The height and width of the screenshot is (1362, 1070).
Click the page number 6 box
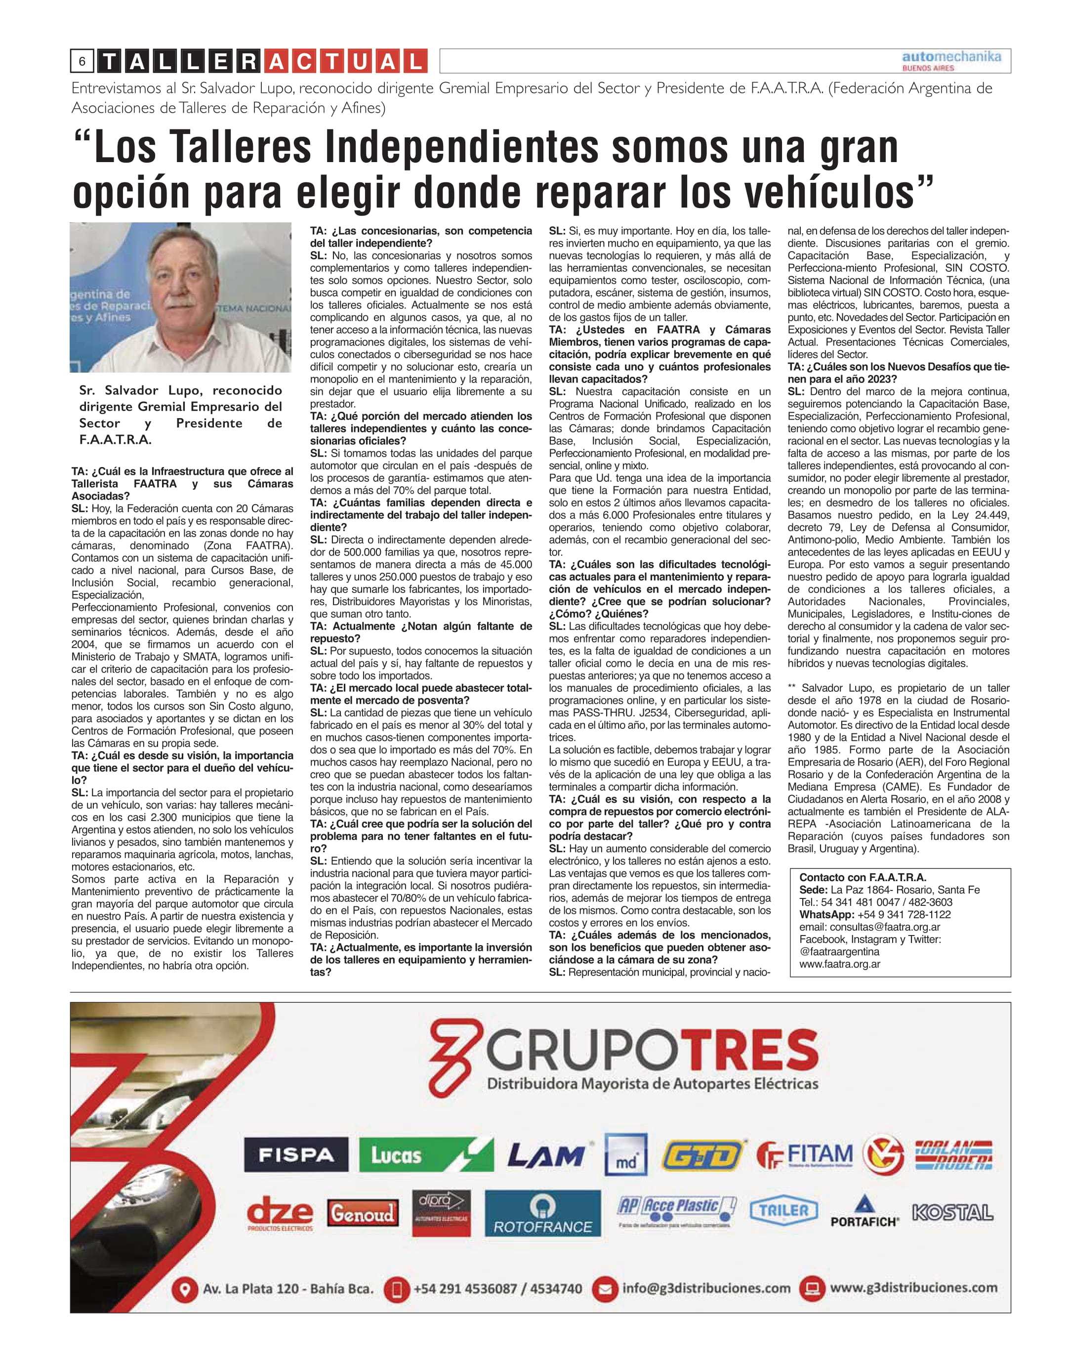82,61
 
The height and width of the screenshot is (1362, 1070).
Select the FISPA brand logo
296,1154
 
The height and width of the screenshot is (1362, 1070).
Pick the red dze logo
280,1214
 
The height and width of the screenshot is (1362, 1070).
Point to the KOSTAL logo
952,1213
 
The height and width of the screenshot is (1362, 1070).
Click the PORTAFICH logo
864,1213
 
